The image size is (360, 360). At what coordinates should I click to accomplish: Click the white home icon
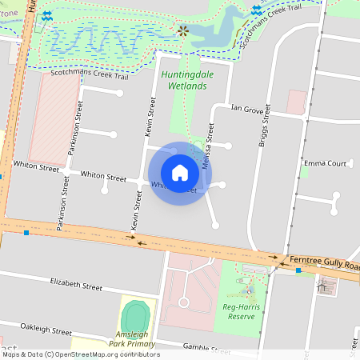180,173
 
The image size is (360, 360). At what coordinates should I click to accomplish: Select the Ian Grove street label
246,107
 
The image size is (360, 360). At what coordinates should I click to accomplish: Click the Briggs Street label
266,126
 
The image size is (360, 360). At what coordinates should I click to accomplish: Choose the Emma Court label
326,163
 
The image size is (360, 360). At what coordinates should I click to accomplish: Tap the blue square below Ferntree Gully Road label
298,270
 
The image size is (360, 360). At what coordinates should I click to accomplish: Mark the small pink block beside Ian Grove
297,102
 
